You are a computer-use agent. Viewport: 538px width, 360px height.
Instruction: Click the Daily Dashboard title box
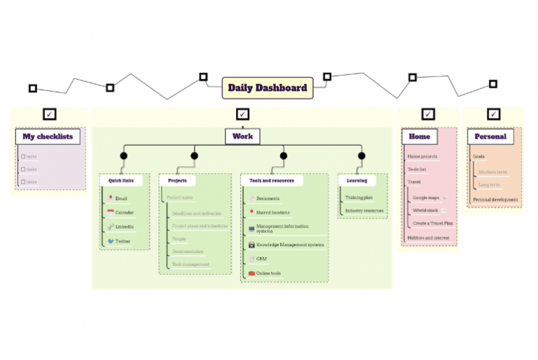[267, 88]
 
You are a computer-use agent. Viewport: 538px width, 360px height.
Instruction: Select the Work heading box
[242, 136]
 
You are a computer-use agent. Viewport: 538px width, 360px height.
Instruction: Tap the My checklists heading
[48, 137]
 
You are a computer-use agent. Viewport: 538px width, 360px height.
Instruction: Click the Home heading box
[419, 136]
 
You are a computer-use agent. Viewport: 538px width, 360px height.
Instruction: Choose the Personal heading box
[490, 136]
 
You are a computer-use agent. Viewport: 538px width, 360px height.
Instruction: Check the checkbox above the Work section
[242, 114]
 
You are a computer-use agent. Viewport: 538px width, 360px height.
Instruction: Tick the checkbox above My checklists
[49, 114]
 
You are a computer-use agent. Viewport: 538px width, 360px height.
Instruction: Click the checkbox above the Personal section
[494, 114]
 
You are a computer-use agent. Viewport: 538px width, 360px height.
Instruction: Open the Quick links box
[121, 180]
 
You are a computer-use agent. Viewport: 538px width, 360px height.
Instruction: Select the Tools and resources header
[272, 180]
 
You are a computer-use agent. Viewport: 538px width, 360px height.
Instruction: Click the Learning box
[357, 180]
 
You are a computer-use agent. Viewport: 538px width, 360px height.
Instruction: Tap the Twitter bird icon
[111, 241]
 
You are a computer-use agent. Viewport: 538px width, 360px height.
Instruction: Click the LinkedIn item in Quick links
[124, 227]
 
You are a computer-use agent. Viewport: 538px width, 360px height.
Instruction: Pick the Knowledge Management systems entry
[289, 245]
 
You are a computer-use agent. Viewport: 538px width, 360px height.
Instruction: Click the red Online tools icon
[252, 273]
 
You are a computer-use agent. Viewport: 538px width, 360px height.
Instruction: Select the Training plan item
[359, 198]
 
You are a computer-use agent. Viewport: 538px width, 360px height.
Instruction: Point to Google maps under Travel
[426, 198]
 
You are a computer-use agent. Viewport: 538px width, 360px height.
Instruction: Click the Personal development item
[495, 200]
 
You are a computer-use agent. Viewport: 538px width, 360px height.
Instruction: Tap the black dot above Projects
[194, 155]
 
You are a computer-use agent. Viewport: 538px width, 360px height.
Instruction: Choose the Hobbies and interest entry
[428, 237]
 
